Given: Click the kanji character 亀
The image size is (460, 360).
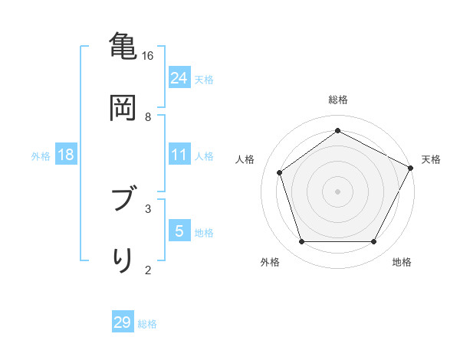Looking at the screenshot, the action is pyautogui.click(x=123, y=47).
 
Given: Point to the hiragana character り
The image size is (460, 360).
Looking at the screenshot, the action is pyautogui.click(x=123, y=260).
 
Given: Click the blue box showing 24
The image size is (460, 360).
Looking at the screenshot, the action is pyautogui.click(x=179, y=77).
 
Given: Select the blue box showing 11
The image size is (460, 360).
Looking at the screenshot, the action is pyautogui.click(x=179, y=155).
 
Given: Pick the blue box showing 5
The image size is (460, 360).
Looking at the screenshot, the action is pyautogui.click(x=179, y=231).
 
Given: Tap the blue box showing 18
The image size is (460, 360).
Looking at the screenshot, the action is pyautogui.click(x=66, y=155).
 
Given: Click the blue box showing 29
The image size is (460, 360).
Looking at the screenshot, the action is pyautogui.click(x=123, y=322).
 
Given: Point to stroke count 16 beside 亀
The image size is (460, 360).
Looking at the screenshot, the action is pyautogui.click(x=148, y=56).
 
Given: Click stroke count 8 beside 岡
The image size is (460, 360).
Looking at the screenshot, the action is pyautogui.click(x=148, y=117).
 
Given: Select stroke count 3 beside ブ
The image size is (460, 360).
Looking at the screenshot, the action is pyautogui.click(x=148, y=208).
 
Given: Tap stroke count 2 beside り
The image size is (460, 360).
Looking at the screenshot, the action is pyautogui.click(x=148, y=269).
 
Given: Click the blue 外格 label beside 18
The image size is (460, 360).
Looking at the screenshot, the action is pyautogui.click(x=41, y=156).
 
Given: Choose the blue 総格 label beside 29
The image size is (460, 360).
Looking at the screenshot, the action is pyautogui.click(x=148, y=324).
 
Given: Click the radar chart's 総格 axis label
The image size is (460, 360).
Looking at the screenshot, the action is pyautogui.click(x=338, y=100).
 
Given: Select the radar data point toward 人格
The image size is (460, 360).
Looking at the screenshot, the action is pyautogui.click(x=280, y=172).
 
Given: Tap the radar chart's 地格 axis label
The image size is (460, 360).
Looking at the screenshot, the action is pyautogui.click(x=402, y=262).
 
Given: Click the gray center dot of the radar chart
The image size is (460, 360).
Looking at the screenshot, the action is pyautogui.click(x=338, y=191).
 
